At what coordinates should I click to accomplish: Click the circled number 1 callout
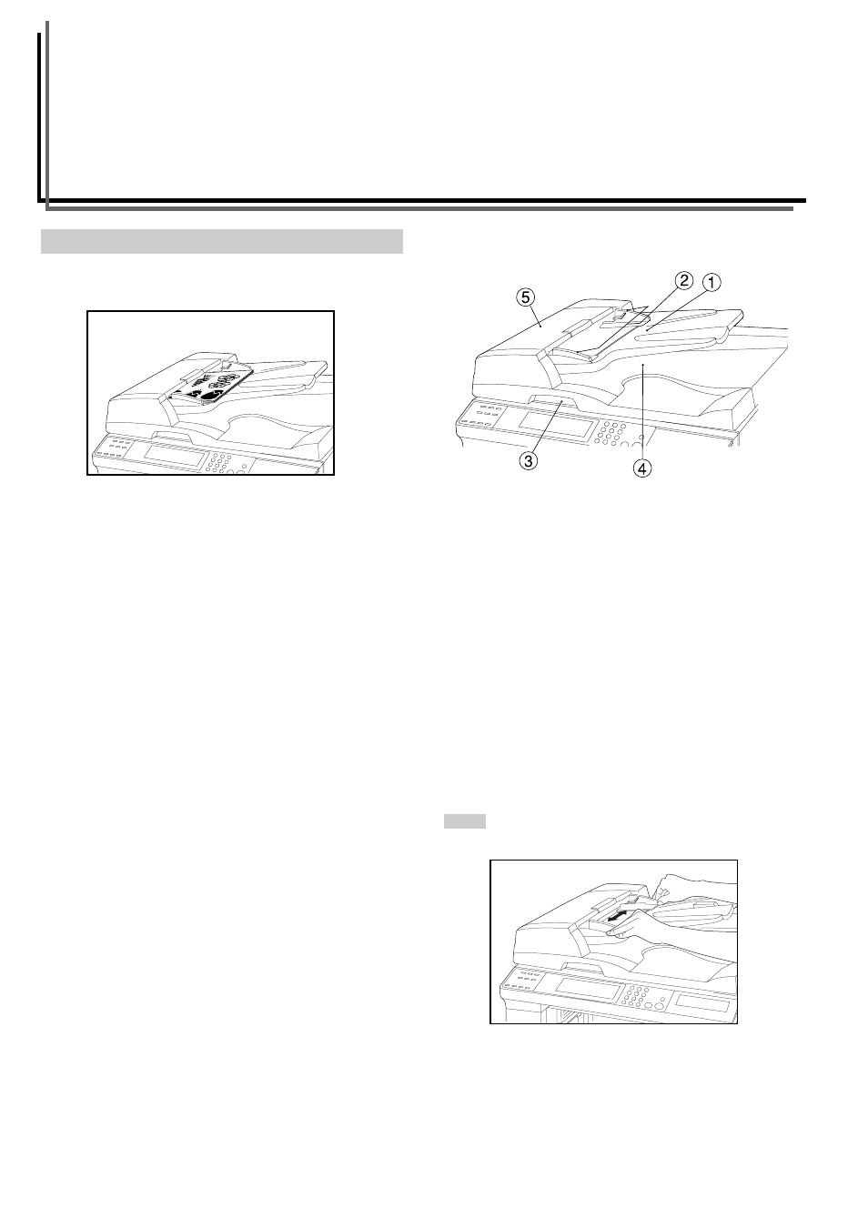point(712,282)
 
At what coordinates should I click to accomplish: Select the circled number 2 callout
point(684,281)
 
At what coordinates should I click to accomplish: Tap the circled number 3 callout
point(529,460)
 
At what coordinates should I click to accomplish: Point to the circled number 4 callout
point(642,468)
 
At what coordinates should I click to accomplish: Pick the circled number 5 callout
point(525,297)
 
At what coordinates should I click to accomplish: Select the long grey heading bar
point(222,241)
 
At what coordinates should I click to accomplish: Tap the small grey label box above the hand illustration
point(464,821)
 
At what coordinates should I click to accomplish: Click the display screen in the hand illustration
point(587,989)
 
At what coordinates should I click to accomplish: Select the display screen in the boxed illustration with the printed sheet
point(172,455)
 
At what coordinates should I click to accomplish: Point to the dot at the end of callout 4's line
point(642,364)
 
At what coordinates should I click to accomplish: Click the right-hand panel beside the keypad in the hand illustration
point(701,1003)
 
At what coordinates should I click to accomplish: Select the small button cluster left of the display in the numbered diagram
point(481,418)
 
